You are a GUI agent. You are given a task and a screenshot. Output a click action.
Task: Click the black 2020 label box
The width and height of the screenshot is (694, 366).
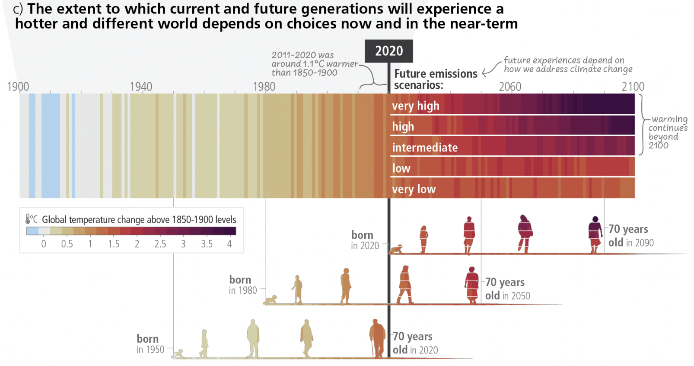pos(388,51)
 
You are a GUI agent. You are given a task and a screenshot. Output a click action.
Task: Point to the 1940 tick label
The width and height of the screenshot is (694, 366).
pos(141,87)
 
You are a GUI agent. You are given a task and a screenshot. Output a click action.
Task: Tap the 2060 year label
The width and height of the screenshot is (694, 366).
pos(510,87)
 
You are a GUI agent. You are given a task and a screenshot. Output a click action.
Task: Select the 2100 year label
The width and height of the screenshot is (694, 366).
pos(633,87)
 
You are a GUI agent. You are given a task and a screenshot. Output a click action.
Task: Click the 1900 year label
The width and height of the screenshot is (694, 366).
pos(18,87)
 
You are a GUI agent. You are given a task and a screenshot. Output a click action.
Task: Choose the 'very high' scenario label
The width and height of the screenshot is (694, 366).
pos(415,106)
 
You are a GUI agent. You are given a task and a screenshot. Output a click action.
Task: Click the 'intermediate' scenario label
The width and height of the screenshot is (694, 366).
pos(425,148)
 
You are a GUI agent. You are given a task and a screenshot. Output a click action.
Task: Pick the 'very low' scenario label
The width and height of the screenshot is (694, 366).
pos(414,189)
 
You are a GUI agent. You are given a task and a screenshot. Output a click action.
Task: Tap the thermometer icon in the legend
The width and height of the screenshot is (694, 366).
pos(29,219)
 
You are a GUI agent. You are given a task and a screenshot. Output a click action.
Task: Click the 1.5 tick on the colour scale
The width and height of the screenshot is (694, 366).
pos(114,244)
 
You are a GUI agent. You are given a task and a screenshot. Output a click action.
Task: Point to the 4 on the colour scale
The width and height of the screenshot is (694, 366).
pos(229,244)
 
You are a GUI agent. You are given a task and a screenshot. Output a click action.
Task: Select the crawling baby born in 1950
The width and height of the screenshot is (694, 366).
pos(178,354)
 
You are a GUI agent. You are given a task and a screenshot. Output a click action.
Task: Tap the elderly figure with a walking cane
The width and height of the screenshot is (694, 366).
pos(377,339)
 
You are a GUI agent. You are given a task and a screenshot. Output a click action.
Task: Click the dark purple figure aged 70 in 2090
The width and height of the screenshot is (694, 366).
pos(595,234)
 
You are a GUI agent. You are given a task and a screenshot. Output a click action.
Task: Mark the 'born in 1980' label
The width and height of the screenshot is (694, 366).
pos(242,285)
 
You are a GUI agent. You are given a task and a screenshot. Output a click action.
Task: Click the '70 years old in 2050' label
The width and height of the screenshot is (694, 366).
pos(507,289)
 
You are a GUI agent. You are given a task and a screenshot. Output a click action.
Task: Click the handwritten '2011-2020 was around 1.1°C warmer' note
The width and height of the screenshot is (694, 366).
pos(314,64)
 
